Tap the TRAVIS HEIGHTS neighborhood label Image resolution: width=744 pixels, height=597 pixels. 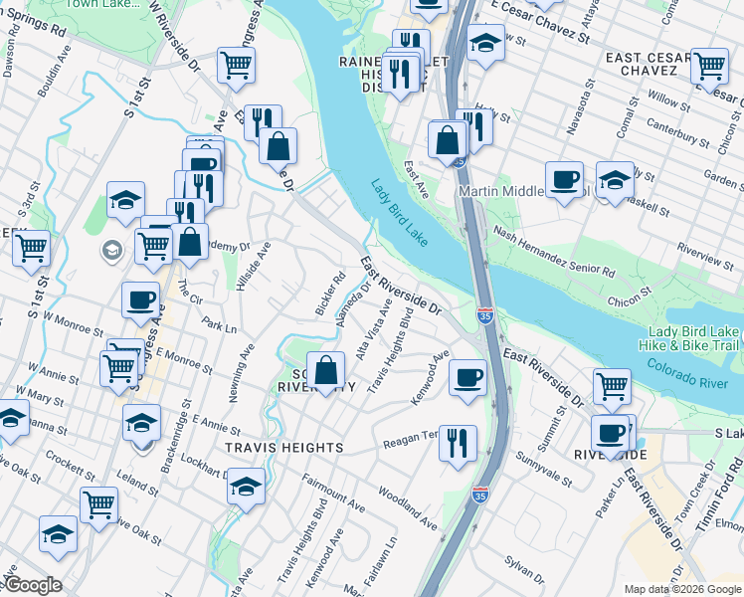pos(283,448)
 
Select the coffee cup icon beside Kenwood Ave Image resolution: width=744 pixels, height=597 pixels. pos(466,378)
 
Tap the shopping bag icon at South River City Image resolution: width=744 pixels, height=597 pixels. pos(326,371)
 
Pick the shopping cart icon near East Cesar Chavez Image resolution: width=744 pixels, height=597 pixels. pos(710,66)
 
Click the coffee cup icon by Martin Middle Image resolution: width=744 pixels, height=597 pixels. pos(564,179)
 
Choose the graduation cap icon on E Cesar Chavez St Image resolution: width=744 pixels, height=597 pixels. pos(486,43)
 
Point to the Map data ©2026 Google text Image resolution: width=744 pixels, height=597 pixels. pos(681,589)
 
